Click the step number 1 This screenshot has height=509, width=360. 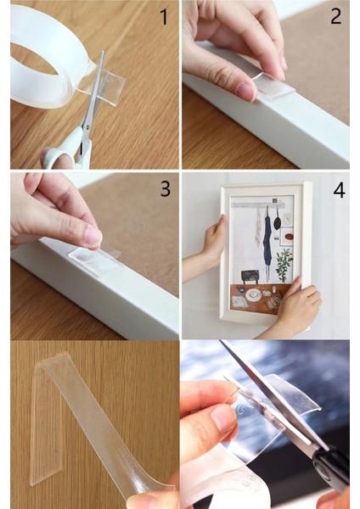pos(165,17)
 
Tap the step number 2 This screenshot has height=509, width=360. pos(336,16)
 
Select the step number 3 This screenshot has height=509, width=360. pos(166,188)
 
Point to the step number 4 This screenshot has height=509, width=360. pos(339,191)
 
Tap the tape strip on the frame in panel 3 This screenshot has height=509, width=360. pos(95,259)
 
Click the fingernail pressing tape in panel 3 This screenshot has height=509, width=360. pos(93,236)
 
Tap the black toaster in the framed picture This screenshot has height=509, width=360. pos(250,277)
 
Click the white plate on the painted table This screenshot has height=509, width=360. pos(253,294)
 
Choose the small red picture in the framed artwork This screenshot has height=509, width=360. pos(287,237)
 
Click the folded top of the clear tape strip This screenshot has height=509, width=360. pos(54,358)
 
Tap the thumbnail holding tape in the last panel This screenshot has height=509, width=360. pos(223,419)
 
